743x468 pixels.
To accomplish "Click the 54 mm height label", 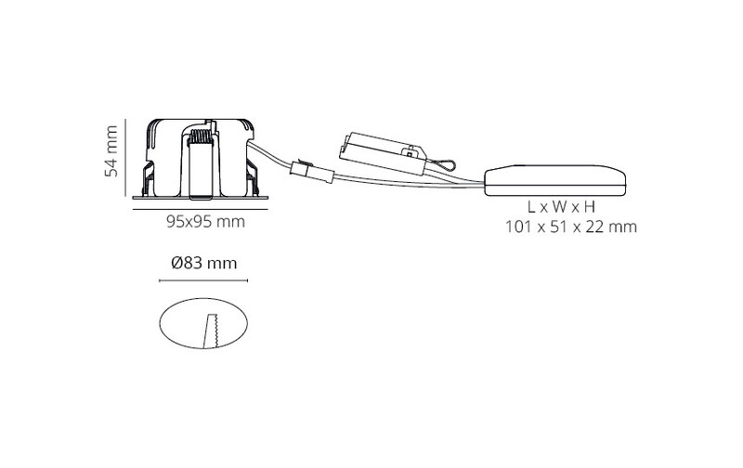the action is pos(111,151).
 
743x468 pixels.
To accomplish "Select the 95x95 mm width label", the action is pos(205,221).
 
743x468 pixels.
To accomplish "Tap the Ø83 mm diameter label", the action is pos(203,263).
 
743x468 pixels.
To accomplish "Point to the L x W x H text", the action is pos(561,207).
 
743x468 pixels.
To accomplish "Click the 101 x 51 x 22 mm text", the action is pos(571,227).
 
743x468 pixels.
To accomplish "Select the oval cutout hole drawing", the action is pos(203,323).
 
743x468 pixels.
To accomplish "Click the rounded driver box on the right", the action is pos(554,180).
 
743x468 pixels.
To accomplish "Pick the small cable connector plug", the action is pos(312,173).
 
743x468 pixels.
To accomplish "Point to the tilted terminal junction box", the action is pos(383,152).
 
